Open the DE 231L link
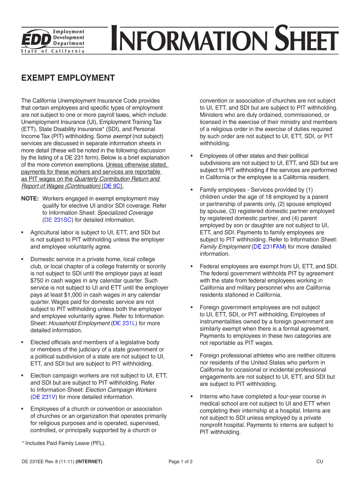(122, 323)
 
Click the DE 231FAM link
(269, 246)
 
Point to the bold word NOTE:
(30, 199)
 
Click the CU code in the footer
(320, 462)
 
